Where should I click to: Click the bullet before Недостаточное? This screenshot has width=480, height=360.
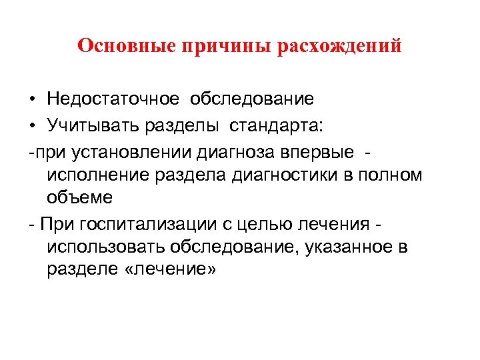pyautogui.click(x=32, y=100)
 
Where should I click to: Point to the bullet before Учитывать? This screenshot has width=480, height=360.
pyautogui.click(x=32, y=125)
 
